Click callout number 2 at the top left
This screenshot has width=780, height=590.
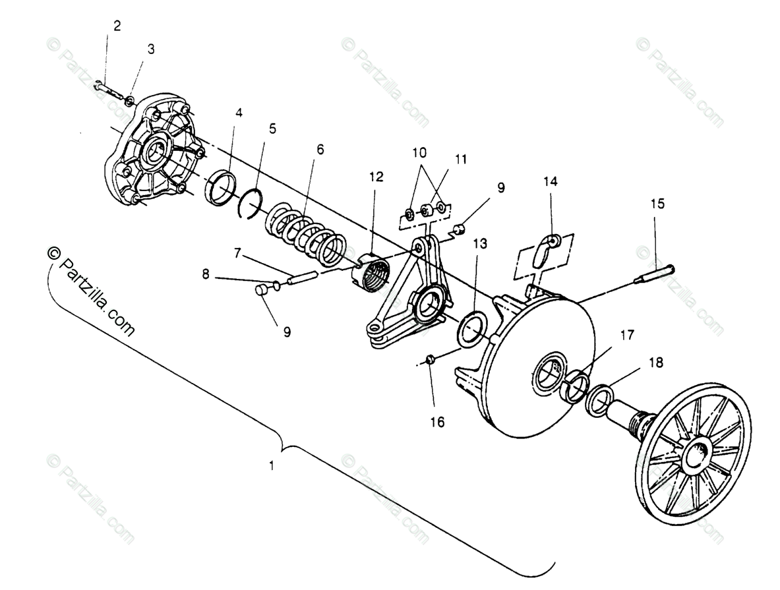[117, 26]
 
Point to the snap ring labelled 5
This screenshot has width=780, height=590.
[251, 202]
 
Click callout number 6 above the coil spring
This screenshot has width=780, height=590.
[320, 150]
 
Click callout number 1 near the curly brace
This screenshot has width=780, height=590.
[271, 465]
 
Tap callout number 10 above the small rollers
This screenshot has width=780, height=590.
[419, 153]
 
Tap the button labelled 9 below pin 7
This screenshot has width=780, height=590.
[261, 290]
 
